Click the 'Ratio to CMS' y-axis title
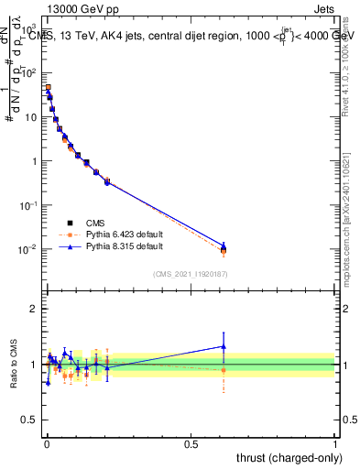14,364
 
